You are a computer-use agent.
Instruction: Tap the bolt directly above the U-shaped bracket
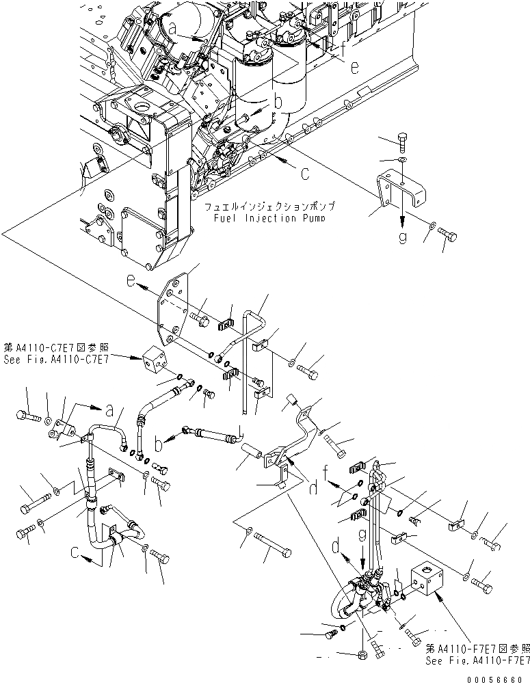pos(403,144)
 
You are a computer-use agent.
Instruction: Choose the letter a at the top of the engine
pos(173,28)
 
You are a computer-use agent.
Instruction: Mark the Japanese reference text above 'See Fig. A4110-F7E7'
pos(477,647)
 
